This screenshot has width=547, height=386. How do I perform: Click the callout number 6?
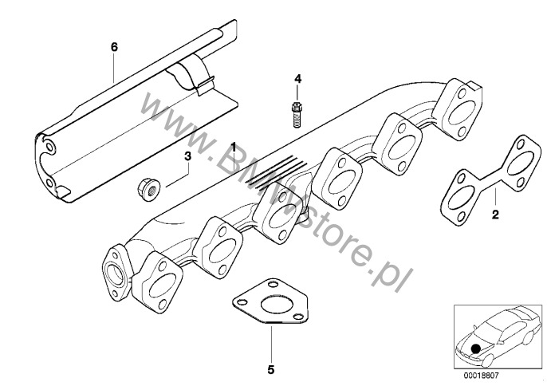click(x=115, y=47)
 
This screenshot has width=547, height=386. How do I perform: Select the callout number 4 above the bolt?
click(x=297, y=79)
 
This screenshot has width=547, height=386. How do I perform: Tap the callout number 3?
click(x=187, y=156)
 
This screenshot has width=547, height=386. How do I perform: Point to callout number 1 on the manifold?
click(x=234, y=147)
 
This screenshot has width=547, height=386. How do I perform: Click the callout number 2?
click(x=495, y=215)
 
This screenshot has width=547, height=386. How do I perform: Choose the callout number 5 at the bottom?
click(x=271, y=370)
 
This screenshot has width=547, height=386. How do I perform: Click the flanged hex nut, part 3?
click(x=148, y=189)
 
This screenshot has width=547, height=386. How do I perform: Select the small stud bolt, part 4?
click(x=296, y=114)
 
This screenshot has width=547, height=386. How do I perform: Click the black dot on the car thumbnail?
click(x=475, y=349)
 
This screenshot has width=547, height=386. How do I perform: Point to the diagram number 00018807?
click(x=481, y=376)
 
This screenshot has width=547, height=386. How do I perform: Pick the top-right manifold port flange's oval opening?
click(x=461, y=112)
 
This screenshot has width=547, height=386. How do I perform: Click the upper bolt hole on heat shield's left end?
click(x=50, y=147)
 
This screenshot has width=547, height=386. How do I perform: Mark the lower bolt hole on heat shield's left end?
click(x=49, y=183)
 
